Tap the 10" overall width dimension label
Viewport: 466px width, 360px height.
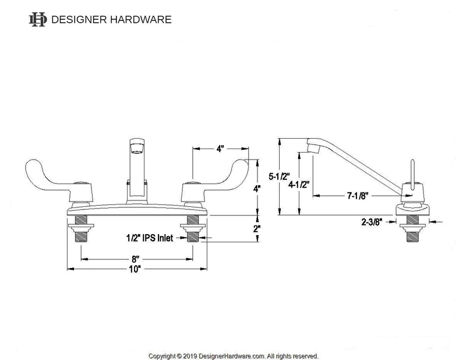[136, 269]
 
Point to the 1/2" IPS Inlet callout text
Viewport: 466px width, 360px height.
[150, 238]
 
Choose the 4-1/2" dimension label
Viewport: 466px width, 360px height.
[299, 185]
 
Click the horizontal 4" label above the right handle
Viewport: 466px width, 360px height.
[220, 149]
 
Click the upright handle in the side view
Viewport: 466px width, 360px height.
[411, 175]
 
